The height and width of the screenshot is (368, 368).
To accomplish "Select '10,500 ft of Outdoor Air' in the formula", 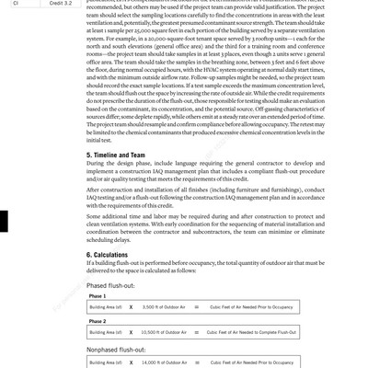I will click(x=167, y=331).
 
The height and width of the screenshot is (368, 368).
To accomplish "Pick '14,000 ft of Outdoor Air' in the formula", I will click(x=167, y=363).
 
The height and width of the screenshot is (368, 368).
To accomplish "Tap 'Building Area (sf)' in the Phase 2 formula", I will click(x=106, y=331).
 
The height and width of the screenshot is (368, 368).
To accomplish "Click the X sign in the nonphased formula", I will click(x=132, y=363).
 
